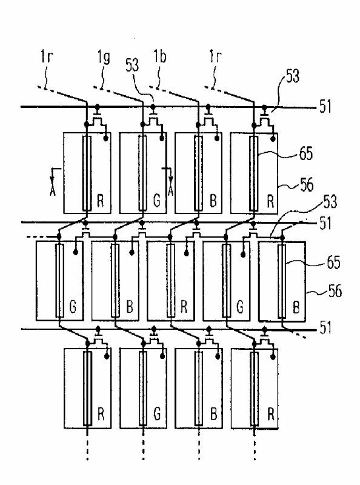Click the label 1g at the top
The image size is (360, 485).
tap(104, 58)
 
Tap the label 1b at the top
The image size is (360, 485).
tap(159, 57)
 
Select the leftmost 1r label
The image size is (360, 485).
tap(47, 56)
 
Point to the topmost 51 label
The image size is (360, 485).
tap(325, 107)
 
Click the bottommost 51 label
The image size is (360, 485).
tap(325, 327)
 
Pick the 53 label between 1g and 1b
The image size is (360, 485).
tap(132, 65)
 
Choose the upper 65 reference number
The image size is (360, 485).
tap(306, 153)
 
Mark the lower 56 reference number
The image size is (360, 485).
tap(335, 291)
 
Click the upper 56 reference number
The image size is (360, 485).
tap(307, 185)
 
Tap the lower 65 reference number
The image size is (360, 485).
tap(333, 263)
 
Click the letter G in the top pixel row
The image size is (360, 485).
tap(157, 201)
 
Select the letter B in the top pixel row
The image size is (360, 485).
tap(213, 201)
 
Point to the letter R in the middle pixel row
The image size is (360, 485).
tap(184, 307)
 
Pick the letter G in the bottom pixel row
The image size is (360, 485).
tap(157, 414)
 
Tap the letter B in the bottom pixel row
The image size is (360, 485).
tap(213, 414)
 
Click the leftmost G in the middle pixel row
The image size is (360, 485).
tap(73, 307)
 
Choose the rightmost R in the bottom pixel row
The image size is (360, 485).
tap(271, 414)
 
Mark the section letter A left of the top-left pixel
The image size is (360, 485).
tap(53, 192)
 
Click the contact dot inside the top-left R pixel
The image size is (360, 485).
tap(105, 139)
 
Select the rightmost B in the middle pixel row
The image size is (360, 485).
tap(296, 307)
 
